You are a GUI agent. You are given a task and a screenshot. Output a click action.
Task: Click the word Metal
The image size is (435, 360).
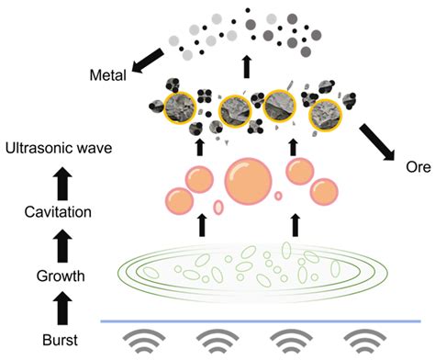click(108, 75)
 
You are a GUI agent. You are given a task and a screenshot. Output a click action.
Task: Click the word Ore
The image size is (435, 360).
click(418, 167)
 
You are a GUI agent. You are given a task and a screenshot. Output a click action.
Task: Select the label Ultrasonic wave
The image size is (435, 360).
click(59, 149)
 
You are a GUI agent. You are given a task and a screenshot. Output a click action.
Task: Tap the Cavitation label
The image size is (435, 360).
click(58, 212)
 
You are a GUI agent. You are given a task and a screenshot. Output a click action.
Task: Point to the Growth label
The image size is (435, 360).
click(61, 276)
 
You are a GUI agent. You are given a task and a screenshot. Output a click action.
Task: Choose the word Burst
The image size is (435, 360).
click(60, 341)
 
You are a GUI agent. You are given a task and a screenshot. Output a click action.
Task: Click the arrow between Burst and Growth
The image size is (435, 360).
click(62, 309)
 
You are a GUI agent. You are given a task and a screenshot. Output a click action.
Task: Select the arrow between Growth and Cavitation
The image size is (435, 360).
click(62, 245)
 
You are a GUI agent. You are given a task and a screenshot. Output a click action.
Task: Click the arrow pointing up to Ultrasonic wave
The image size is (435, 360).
click(62, 183)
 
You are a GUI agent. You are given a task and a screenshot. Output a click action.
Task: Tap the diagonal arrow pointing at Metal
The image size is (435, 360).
click(148, 61)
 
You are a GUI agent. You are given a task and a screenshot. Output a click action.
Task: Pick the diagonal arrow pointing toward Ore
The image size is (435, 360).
click(377, 142)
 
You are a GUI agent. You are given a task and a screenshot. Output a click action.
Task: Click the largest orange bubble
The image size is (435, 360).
click(248, 181)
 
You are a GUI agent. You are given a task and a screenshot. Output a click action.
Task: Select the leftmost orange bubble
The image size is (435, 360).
click(180, 202)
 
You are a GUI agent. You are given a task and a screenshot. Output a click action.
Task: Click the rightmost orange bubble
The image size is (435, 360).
click(324, 193)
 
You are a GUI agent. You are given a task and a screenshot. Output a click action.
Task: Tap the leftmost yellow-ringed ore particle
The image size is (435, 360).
click(180, 108)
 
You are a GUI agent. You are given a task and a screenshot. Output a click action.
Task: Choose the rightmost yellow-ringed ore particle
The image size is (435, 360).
click(326, 116)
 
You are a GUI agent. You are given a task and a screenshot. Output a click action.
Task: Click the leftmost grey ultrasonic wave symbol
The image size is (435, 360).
click(144, 341)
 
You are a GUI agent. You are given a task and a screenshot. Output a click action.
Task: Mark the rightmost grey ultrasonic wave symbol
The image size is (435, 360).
click(365, 341)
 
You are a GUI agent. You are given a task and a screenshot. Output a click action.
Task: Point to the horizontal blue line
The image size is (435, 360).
click(261, 321)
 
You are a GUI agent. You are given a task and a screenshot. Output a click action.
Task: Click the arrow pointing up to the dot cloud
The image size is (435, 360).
click(247, 67)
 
